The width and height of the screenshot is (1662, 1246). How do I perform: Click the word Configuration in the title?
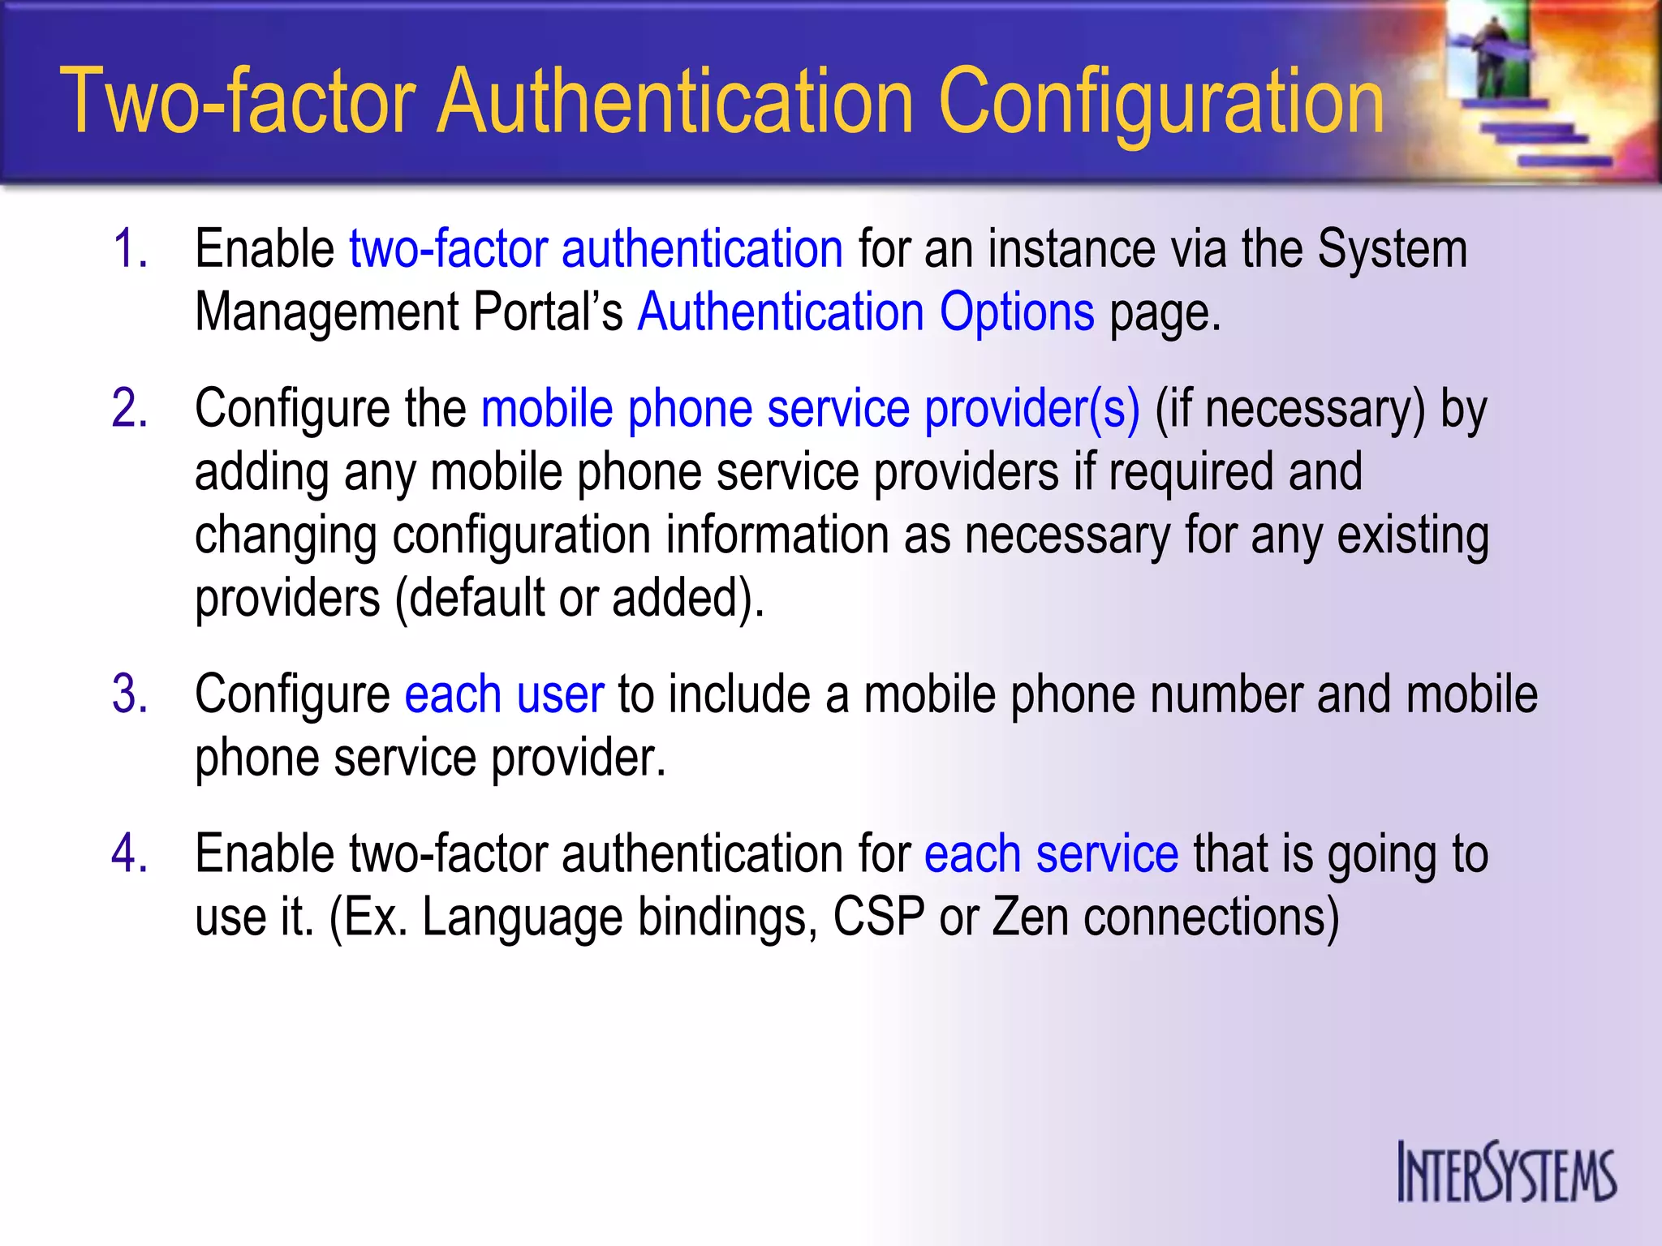[x=1161, y=102]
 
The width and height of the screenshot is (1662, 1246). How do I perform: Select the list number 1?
[x=130, y=248]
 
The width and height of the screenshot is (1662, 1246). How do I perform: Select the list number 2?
[x=130, y=408]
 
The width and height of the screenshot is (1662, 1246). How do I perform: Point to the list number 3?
[x=130, y=695]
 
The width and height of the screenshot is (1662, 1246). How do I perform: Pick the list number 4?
[x=130, y=854]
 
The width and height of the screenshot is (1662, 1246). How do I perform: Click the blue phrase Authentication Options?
[x=866, y=312]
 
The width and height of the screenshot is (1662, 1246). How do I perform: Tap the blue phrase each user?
[x=504, y=695]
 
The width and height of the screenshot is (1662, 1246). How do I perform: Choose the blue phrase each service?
[x=1051, y=854]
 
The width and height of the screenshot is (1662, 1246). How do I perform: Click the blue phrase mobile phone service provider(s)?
[x=810, y=408]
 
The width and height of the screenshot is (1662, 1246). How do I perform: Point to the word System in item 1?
[x=1392, y=248]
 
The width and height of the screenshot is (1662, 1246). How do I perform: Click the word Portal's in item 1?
[x=548, y=312]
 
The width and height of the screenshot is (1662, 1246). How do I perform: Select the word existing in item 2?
[x=1413, y=535]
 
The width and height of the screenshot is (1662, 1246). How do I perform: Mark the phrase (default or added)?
[x=579, y=599]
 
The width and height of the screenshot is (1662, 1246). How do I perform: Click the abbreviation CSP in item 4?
[x=879, y=917]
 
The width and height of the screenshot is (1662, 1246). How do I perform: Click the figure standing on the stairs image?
[x=1493, y=57]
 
